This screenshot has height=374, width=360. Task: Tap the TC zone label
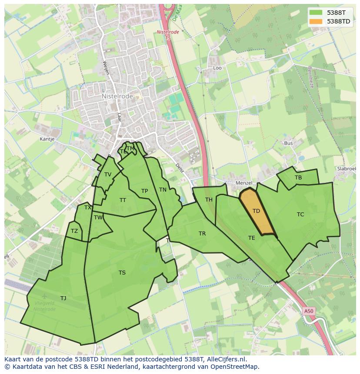point(300,215)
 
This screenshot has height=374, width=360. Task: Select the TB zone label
point(298,178)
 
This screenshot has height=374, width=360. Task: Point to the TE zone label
point(252,238)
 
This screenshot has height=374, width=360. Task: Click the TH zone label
point(209,200)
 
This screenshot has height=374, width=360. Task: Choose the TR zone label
point(202,234)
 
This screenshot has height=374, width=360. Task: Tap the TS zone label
point(122,273)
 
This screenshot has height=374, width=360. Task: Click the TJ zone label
point(63,298)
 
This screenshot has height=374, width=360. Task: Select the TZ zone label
point(74,231)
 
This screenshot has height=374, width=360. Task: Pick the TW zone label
point(98,218)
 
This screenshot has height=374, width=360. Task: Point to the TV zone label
point(108,175)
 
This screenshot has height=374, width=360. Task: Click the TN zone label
point(163,190)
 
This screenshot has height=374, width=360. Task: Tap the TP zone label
point(144,191)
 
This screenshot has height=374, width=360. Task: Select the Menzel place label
point(243,183)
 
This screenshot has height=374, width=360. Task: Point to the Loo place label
point(217,68)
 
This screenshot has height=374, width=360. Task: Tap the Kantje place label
point(47,139)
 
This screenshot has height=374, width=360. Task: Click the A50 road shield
point(308,311)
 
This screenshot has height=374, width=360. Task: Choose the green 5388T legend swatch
point(316,13)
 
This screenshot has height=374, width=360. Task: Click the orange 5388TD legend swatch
point(316,21)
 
